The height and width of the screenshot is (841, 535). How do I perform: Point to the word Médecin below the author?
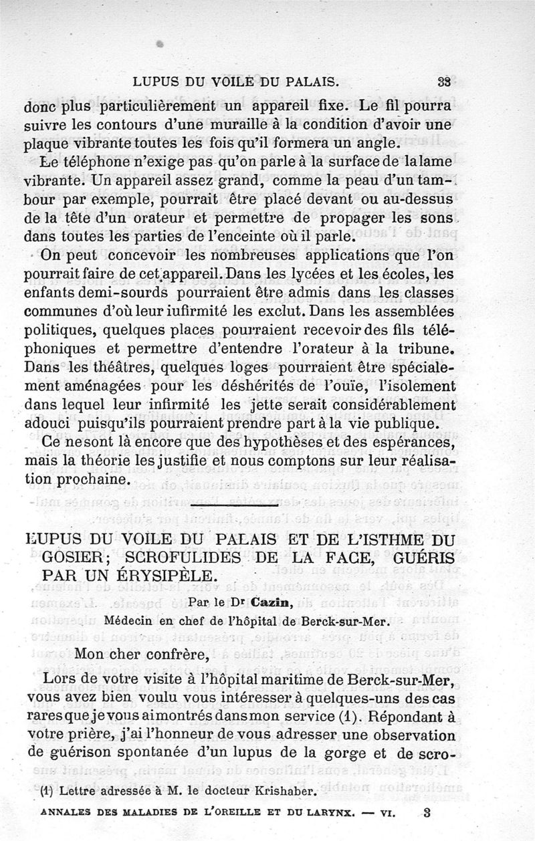point(131,618)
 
